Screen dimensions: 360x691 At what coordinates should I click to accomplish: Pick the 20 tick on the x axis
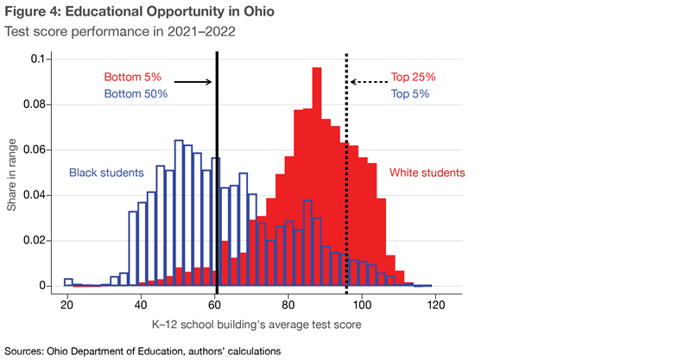pos(67,305)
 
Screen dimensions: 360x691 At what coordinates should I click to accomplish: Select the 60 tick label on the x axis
pos(215,305)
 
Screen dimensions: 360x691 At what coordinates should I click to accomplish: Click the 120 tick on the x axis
pos(435,305)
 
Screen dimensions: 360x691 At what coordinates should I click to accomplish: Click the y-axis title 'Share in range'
pos(13,173)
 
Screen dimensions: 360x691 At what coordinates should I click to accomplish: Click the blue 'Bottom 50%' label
pos(136,93)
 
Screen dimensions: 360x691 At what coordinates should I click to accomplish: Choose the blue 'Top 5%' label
pos(410,93)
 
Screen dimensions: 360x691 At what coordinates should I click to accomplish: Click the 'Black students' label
pos(105,173)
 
